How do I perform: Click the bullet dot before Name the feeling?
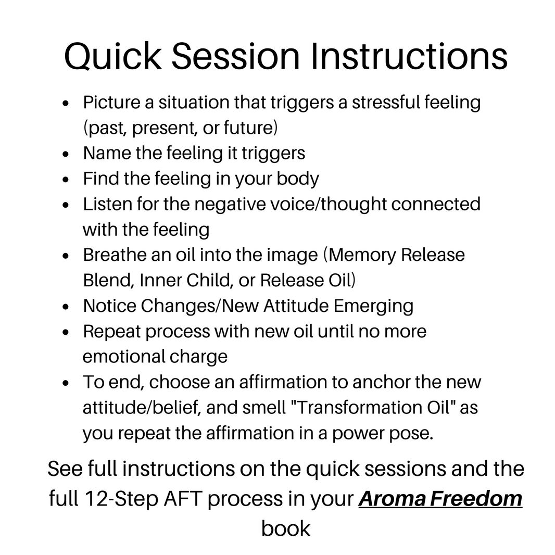[66, 154]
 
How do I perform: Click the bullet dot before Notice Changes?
[66, 307]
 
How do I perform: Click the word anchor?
[381, 382]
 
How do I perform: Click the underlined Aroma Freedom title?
[440, 499]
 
